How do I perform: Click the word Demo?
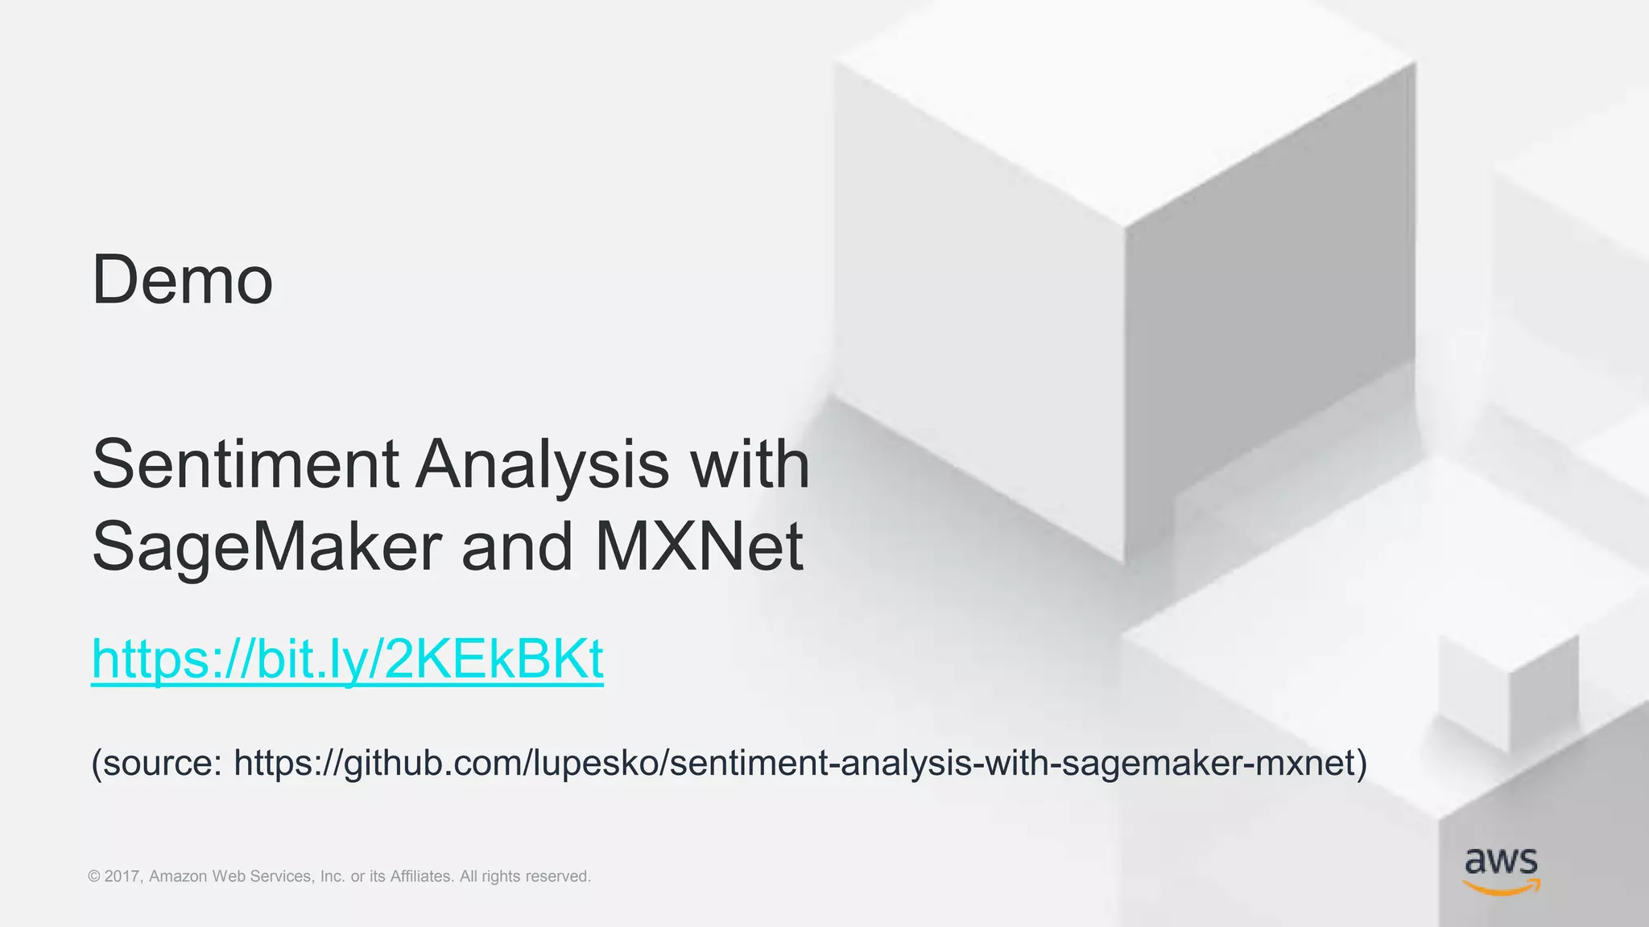pyautogui.click(x=183, y=280)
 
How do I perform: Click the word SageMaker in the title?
pyautogui.click(x=267, y=547)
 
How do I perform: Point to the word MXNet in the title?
pyautogui.click(x=699, y=547)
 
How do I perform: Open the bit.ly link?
pyautogui.click(x=347, y=659)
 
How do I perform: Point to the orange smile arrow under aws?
pyautogui.click(x=1501, y=887)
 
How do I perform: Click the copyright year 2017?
pyautogui.click(x=123, y=876)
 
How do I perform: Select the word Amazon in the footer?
pyautogui.click(x=178, y=876)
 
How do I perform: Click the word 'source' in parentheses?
pyautogui.click(x=162, y=762)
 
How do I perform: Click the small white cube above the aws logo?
pyautogui.click(x=1507, y=690)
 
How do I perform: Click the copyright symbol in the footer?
pyautogui.click(x=94, y=876)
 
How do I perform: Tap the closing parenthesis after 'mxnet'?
pyautogui.click(x=1362, y=762)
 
